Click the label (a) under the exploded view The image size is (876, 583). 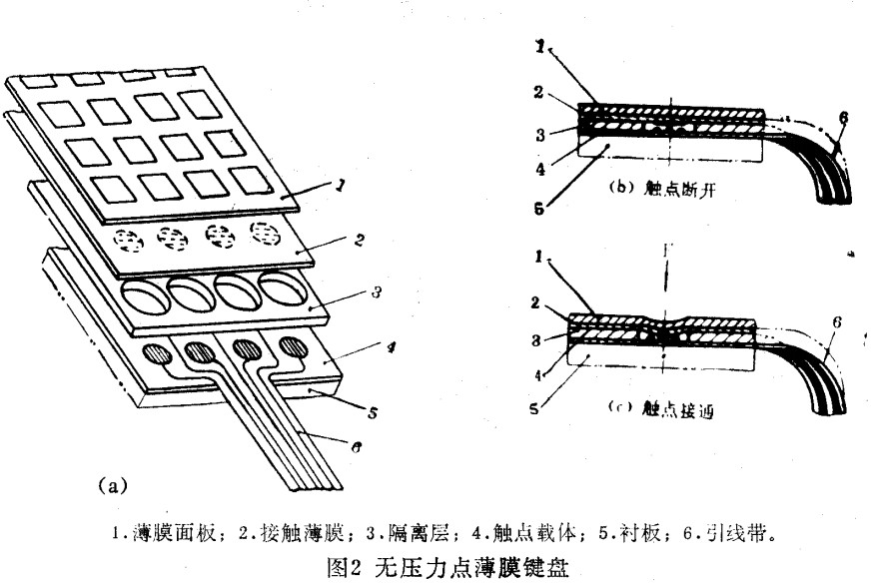113,487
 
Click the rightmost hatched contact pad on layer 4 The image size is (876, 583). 294,346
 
